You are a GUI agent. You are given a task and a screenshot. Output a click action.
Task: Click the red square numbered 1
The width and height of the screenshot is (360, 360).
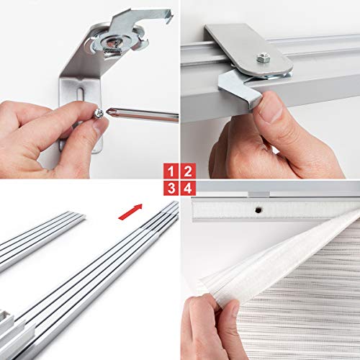click(171, 171)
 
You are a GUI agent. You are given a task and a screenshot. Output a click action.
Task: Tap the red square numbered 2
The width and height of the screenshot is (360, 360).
click(187, 171)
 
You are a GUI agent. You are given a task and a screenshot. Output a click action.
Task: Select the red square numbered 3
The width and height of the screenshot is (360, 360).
click(171, 189)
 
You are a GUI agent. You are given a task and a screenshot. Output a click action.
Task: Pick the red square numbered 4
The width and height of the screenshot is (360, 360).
click(187, 189)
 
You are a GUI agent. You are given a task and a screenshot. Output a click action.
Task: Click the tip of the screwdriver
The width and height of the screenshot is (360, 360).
click(108, 113)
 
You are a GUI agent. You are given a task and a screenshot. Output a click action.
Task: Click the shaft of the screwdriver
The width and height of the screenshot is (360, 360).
click(144, 116)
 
